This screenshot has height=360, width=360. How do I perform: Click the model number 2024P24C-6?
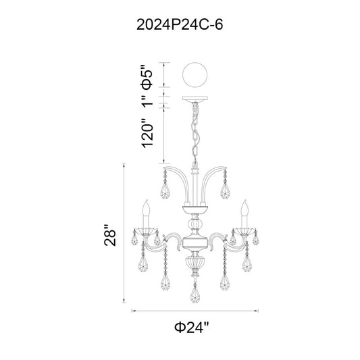click(x=180, y=24)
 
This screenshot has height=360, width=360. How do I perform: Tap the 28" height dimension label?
click(x=110, y=234)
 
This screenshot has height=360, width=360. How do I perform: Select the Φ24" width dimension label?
click(x=192, y=327)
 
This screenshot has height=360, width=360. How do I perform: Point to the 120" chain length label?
click(x=147, y=133)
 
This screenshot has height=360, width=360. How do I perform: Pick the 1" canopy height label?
click(x=147, y=101)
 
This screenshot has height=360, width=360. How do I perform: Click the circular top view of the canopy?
click(x=195, y=75)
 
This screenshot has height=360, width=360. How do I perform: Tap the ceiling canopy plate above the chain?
click(x=195, y=99)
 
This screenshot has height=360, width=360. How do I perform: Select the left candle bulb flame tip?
click(x=147, y=201)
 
